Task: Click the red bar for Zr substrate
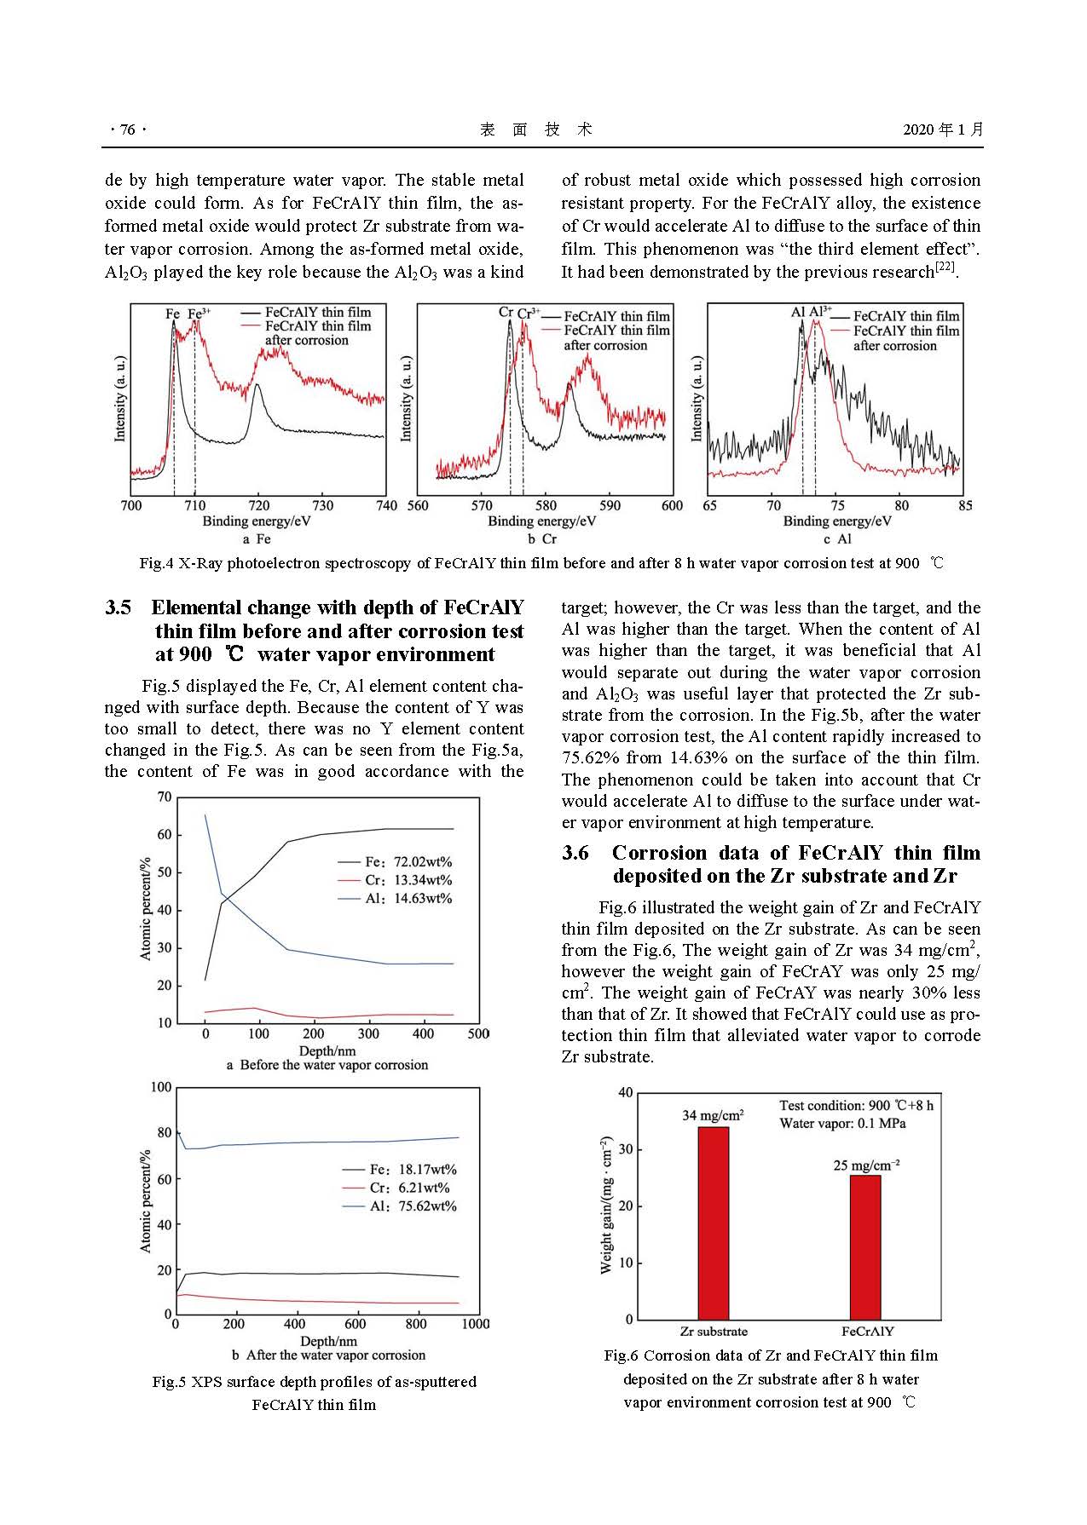tap(713, 1223)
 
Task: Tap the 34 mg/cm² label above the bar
tap(713, 1114)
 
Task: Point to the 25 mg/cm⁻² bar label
tap(866, 1165)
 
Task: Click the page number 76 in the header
tap(128, 129)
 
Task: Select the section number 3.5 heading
tap(119, 607)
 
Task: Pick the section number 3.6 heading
tap(575, 853)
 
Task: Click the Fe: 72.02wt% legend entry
tap(396, 861)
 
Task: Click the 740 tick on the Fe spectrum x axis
tap(387, 505)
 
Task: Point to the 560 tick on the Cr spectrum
tap(418, 505)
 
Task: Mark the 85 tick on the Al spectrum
tap(965, 505)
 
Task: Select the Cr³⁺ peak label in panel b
tap(528, 313)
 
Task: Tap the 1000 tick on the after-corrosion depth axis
tap(476, 1323)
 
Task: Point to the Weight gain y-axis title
tap(606, 1205)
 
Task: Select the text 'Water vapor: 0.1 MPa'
tap(842, 1123)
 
